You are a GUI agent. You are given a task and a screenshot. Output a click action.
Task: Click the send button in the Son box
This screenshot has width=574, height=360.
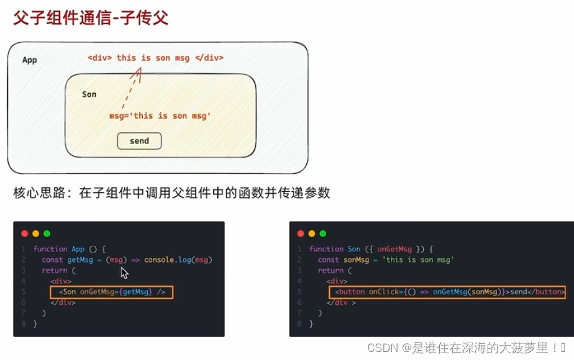click(139, 141)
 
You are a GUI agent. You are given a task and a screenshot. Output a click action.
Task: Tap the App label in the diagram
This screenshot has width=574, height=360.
click(30, 60)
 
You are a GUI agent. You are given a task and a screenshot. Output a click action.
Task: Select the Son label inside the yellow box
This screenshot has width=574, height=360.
click(89, 94)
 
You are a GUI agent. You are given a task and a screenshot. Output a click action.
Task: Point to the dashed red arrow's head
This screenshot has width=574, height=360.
click(137, 71)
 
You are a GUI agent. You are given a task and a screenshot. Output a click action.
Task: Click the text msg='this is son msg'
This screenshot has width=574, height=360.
click(160, 116)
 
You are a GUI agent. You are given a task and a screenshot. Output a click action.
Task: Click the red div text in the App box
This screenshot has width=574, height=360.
click(155, 58)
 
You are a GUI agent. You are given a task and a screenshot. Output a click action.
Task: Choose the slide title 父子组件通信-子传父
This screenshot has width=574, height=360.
click(91, 18)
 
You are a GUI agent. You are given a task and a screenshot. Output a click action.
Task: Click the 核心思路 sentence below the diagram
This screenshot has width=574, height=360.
click(171, 193)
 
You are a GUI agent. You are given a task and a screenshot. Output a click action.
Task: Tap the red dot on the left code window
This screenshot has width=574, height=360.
click(25, 233)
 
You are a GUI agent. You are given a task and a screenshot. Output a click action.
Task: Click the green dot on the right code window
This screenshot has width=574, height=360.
click(322, 233)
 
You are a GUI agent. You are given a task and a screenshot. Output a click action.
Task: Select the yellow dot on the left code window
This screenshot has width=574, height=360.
click(35, 233)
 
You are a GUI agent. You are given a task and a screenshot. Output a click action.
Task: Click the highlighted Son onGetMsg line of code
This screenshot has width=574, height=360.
click(112, 292)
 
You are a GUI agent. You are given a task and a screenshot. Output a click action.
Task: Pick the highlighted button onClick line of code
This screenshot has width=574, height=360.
click(447, 292)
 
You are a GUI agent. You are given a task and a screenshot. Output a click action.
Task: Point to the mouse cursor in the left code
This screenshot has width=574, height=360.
click(124, 272)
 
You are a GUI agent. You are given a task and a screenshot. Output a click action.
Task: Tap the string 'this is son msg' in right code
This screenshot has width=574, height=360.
click(419, 259)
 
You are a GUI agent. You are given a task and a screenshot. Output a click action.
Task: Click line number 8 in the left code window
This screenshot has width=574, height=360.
click(23, 323)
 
